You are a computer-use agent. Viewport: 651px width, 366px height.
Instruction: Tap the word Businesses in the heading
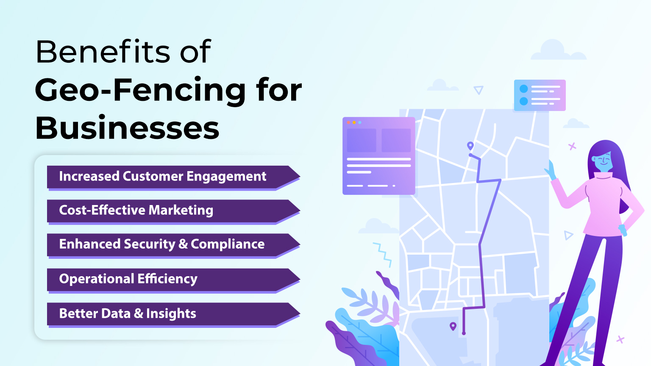coord(127,128)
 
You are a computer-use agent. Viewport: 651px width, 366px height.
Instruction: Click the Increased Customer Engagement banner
coord(173,177)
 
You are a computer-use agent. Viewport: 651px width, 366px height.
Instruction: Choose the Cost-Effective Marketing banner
coord(173,211)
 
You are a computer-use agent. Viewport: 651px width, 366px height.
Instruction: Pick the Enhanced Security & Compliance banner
coord(173,244)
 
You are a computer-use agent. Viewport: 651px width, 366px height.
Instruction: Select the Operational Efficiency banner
coord(173,280)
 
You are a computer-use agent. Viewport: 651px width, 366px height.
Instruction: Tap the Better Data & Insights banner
coord(173,314)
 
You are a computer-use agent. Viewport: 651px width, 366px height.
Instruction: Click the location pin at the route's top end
coord(470,146)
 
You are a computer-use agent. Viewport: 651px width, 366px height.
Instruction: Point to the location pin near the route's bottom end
coord(453,326)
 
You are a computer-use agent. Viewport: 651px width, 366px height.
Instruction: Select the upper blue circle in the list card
coord(524,89)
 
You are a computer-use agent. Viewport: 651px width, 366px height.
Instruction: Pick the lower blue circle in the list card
coord(524,101)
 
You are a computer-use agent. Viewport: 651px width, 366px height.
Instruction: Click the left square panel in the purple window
coord(362,140)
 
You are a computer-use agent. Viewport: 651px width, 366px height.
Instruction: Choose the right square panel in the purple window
coord(396,140)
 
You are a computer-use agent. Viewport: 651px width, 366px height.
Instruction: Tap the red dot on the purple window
coord(348,122)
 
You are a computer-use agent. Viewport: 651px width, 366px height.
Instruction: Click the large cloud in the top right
coord(559,50)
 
